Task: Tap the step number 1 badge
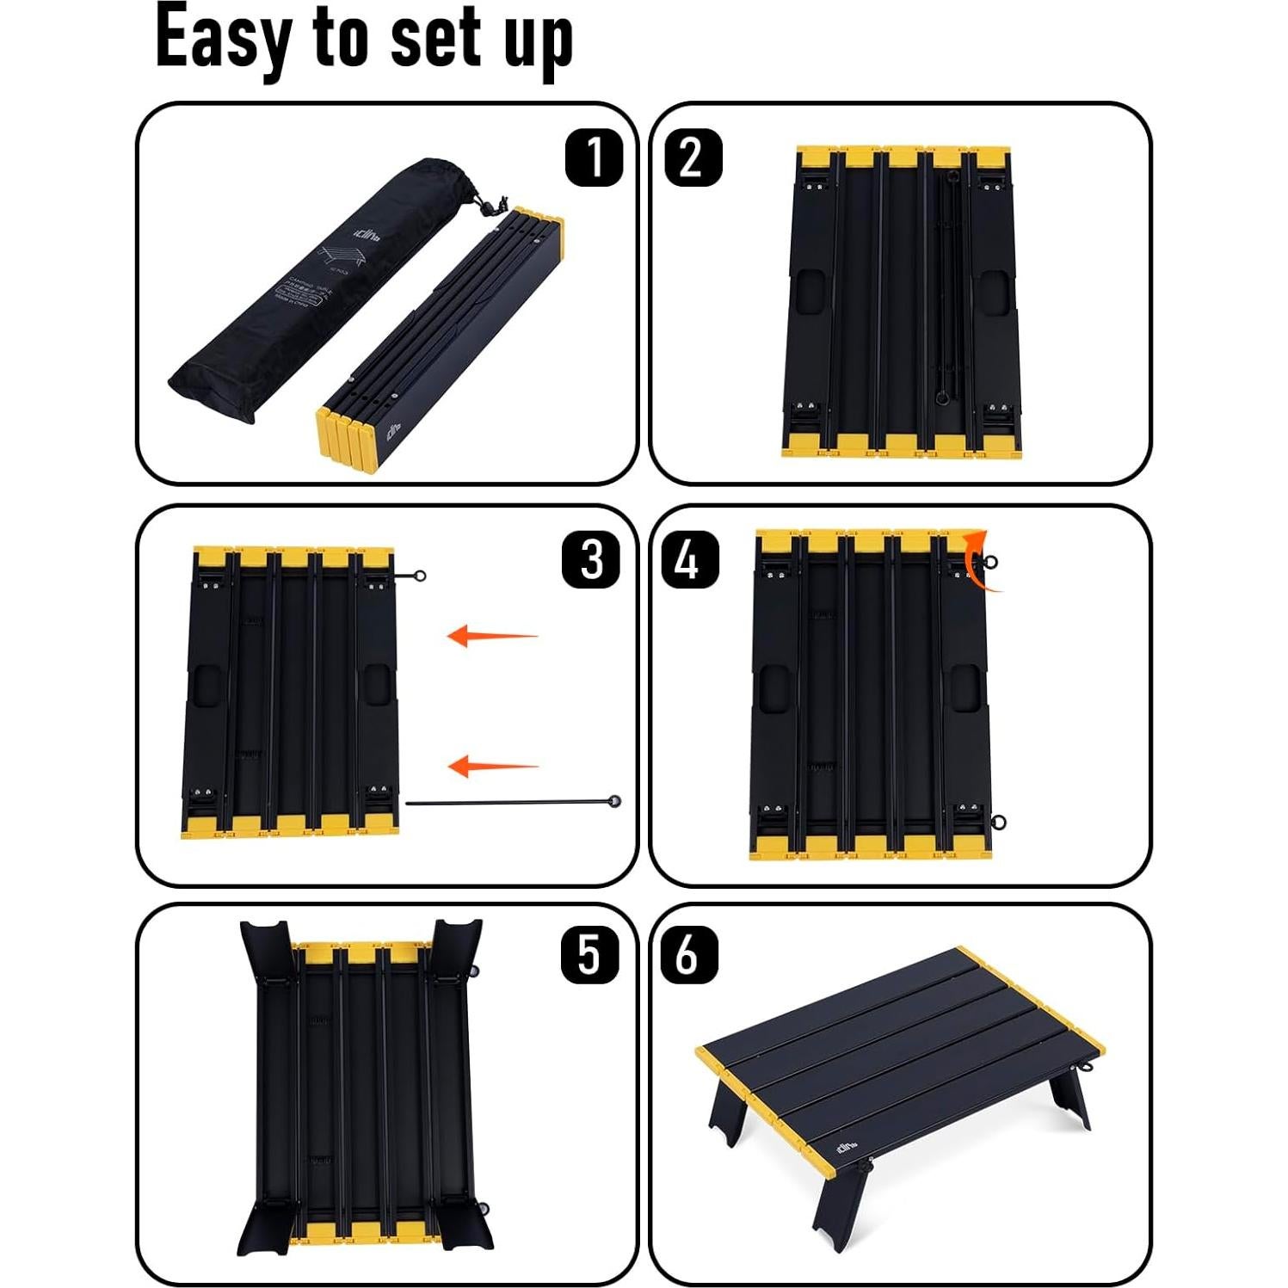(594, 157)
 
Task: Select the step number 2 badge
(693, 157)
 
